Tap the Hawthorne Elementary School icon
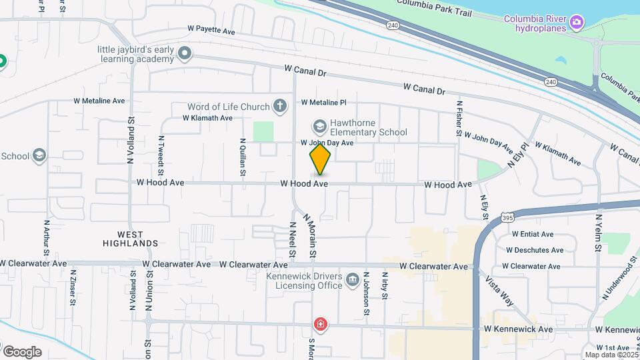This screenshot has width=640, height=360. pyautogui.click(x=319, y=126)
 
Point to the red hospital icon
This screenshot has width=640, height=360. pyautogui.click(x=321, y=325)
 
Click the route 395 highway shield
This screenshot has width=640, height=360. pyautogui.click(x=508, y=217)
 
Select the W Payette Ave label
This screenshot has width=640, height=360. pyautogui.click(x=211, y=30)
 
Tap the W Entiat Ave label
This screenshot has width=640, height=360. pyautogui.click(x=533, y=234)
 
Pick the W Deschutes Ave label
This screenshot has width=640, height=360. pyautogui.click(x=535, y=250)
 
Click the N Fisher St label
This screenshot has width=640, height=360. pyautogui.click(x=459, y=119)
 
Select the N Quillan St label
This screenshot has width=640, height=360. pyautogui.click(x=243, y=154)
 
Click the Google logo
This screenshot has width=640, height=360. pyautogui.click(x=21, y=351)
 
